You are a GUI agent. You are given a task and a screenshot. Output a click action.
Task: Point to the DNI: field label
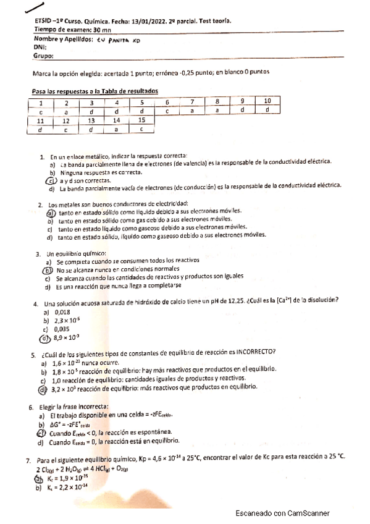point(40,47)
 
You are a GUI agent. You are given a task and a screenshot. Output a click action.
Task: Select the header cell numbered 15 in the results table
point(141,120)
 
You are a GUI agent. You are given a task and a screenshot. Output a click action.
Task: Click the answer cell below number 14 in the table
point(116,129)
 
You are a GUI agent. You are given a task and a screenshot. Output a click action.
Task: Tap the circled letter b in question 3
point(46,270)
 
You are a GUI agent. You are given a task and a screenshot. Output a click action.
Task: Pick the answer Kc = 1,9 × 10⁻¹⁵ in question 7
point(74,478)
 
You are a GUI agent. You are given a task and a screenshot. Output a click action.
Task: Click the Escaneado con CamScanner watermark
point(282,513)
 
